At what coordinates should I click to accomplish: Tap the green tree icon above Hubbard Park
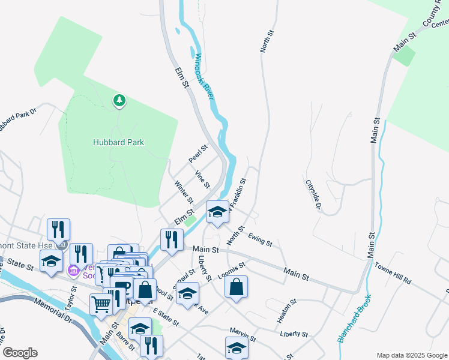[x=119, y=100]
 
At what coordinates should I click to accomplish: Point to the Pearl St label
[x=197, y=154]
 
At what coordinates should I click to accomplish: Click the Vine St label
[x=202, y=179]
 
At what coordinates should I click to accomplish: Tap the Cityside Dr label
[x=313, y=196]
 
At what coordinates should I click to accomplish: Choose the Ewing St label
[x=260, y=239]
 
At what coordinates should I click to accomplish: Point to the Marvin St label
[x=243, y=334]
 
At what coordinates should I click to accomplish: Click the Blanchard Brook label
[x=354, y=318]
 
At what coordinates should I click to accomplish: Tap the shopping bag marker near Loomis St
[x=237, y=287]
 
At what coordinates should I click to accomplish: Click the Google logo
[x=20, y=353]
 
